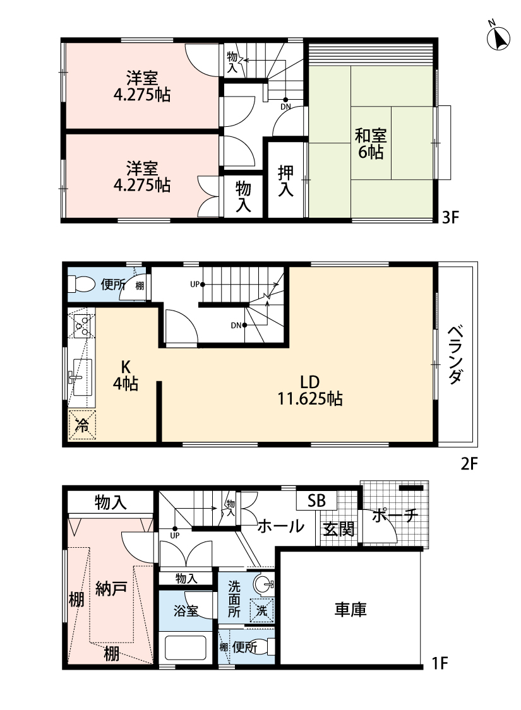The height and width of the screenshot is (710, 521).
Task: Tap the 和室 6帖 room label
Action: (x=371, y=143)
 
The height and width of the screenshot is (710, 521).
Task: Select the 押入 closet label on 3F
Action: (x=286, y=180)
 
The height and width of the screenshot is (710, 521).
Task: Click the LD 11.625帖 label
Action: (x=310, y=390)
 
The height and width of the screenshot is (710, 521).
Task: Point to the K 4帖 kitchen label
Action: (x=126, y=376)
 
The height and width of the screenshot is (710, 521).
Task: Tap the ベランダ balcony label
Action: (x=456, y=355)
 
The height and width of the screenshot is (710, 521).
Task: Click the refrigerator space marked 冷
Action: (x=82, y=424)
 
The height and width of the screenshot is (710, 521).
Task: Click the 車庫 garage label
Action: (x=350, y=610)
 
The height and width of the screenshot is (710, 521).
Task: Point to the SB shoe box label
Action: (x=316, y=500)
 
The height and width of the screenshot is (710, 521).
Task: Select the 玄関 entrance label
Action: (x=338, y=528)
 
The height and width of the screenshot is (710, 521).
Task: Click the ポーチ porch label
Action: (x=395, y=515)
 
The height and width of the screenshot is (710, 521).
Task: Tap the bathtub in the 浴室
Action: (x=185, y=648)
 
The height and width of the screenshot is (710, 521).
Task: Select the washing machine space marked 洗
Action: (x=262, y=610)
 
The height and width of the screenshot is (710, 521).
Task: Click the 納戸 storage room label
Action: (x=111, y=589)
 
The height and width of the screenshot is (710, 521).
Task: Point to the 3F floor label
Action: (x=450, y=218)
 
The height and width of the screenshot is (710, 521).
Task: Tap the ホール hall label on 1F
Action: (x=280, y=526)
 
